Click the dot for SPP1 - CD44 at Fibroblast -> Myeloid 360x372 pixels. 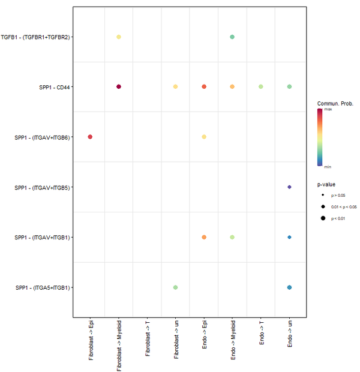(x=119, y=87)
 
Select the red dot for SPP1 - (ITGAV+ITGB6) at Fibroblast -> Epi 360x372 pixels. (x=90, y=137)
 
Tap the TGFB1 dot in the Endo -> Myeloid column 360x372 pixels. (x=232, y=37)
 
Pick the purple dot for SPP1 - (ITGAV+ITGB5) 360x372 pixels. (x=290, y=187)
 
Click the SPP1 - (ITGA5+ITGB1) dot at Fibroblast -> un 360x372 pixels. (x=175, y=287)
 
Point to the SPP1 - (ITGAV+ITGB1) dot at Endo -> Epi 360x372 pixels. (x=204, y=237)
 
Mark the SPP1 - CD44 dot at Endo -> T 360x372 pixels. (x=260, y=87)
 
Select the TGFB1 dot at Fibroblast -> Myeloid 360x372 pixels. (x=119, y=37)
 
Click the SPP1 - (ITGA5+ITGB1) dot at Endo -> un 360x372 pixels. (x=290, y=287)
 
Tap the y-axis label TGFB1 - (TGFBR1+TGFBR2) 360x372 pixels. (x=36, y=37)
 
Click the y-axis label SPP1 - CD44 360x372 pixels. (x=54, y=87)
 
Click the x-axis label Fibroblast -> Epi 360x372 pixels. (x=90, y=340)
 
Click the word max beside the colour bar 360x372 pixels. (x=328, y=109)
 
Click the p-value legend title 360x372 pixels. (x=327, y=185)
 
